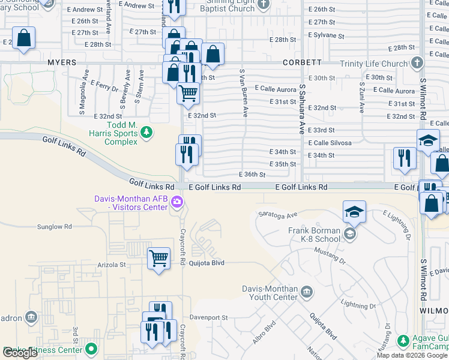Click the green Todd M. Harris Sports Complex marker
(x=145, y=131)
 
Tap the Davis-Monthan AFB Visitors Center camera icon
(x=177, y=203)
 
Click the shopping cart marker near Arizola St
(x=158, y=259)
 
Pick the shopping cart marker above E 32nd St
(x=188, y=94)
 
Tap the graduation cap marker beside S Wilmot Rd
(x=428, y=140)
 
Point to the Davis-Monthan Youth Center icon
(x=307, y=292)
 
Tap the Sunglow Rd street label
(x=55, y=227)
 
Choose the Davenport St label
(x=209, y=317)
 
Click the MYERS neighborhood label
(x=62, y=62)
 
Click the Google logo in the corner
(x=20, y=353)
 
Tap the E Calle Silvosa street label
(x=330, y=143)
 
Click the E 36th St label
(x=252, y=175)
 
